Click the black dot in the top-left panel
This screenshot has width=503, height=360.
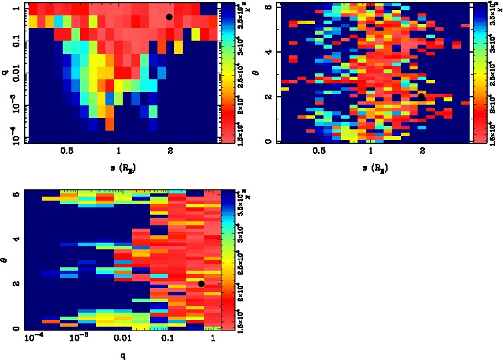pos(169,17)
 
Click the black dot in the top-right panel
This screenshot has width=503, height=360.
pos(422,96)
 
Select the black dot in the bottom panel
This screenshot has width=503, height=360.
pos(201,283)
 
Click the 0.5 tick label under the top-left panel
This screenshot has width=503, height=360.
pos(67,151)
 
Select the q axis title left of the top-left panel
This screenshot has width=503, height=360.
pos(5,66)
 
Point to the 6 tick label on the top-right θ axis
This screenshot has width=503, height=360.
pos(268,7)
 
